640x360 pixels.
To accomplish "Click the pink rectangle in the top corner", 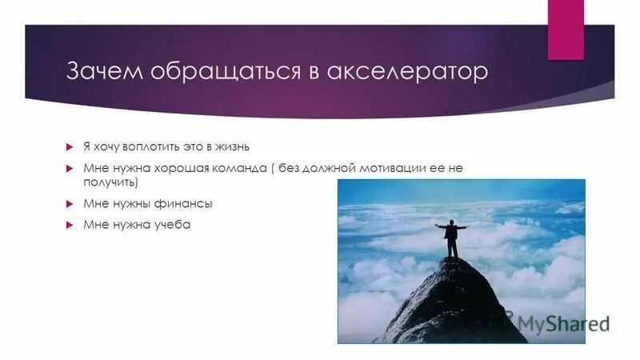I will [566, 29].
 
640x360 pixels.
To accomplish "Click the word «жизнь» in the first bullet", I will [233, 146].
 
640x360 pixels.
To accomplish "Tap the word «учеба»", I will [173, 225].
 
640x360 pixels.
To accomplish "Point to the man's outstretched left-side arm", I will [441, 227].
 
